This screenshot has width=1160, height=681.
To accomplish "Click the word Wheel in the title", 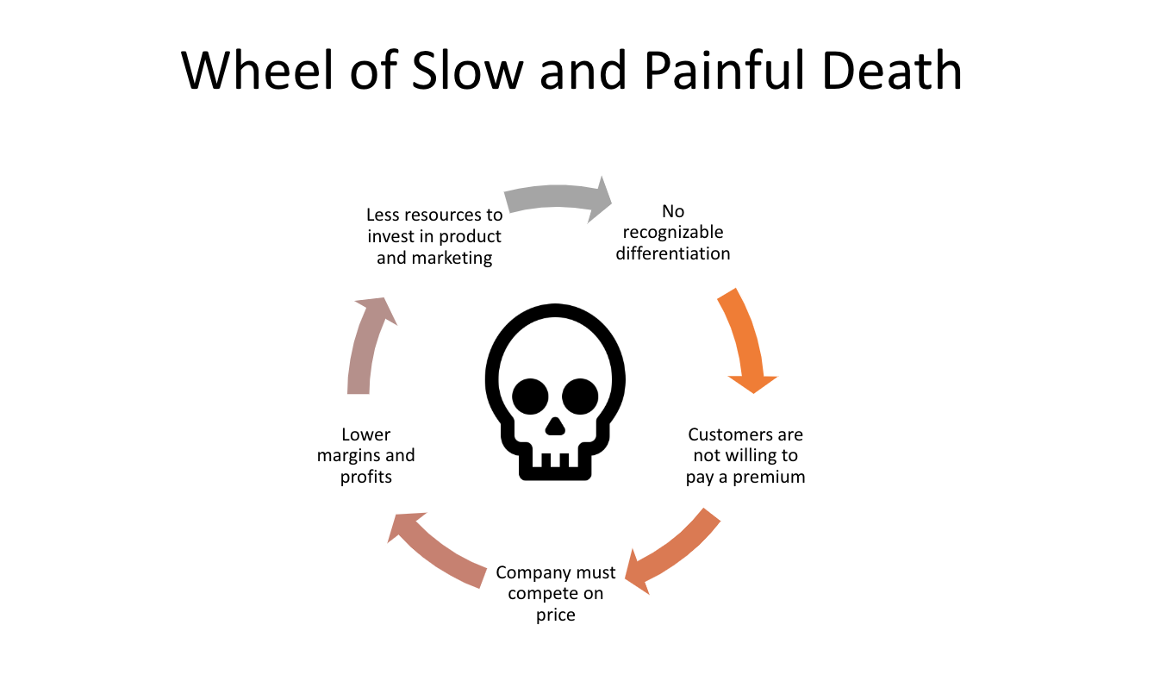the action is tap(257, 70).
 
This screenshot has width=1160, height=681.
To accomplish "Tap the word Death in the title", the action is tap(892, 70).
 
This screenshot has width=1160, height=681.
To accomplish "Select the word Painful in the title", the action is tap(725, 70).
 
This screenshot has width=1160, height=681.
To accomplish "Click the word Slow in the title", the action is tap(467, 70).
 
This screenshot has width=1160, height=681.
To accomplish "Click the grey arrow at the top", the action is tap(557, 197).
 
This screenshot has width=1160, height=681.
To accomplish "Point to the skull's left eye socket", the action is tap(530, 397).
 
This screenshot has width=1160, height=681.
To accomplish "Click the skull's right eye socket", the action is tap(580, 397).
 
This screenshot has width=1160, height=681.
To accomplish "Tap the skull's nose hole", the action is tap(555, 426).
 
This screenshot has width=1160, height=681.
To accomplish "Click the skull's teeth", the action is tap(555, 460).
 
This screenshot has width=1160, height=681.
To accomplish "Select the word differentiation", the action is tap(673, 253).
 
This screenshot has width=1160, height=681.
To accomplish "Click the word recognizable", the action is tap(673, 233).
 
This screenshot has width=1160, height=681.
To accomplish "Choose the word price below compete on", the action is tap(556, 615).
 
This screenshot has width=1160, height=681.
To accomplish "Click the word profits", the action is tap(366, 477).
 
